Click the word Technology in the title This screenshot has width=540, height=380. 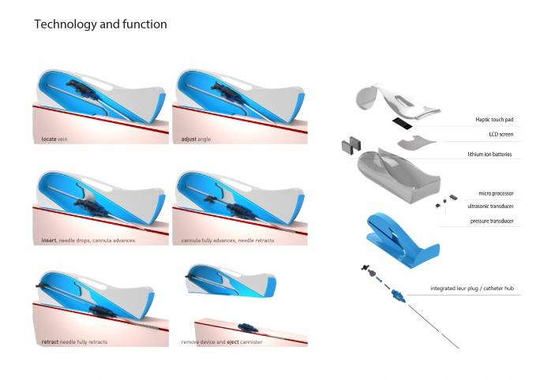(65, 24)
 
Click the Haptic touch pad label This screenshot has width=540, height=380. (494, 120)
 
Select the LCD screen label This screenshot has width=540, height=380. (501, 135)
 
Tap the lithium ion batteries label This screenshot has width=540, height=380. (489, 155)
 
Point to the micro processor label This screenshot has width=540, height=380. (496, 194)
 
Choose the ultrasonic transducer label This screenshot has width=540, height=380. (490, 207)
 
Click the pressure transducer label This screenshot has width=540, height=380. (492, 221)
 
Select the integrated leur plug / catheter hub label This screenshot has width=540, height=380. (472, 289)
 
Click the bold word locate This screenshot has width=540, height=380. (49, 140)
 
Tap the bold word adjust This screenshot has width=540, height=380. (189, 140)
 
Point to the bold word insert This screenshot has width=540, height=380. (49, 240)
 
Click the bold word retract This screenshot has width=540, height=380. (50, 342)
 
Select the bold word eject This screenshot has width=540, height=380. (232, 342)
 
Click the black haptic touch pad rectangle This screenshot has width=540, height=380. (403, 123)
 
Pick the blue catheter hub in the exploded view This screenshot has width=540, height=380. (398, 296)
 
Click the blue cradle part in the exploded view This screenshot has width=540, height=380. (401, 240)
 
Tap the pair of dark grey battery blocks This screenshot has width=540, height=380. (351, 145)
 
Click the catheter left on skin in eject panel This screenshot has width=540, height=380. (248, 327)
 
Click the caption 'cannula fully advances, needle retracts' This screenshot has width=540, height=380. (227, 240)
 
